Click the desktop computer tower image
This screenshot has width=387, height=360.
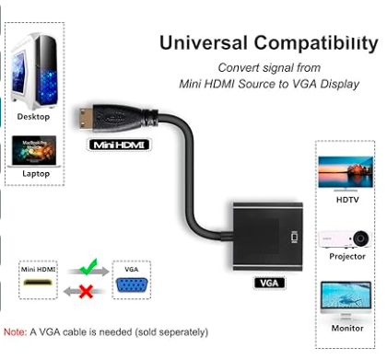tap(34, 71)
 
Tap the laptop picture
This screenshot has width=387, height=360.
tap(34, 152)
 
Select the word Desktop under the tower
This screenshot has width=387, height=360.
tap(33, 117)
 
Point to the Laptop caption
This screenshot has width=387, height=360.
tap(36, 174)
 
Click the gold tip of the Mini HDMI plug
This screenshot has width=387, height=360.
tap(86, 119)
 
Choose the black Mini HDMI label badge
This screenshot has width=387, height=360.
tap(119, 145)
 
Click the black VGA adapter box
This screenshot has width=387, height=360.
tap(267, 237)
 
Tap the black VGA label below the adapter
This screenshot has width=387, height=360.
tap(269, 283)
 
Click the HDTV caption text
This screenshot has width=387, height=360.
tap(347, 200)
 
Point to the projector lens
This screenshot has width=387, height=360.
tap(360, 238)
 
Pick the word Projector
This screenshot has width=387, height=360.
tap(347, 256)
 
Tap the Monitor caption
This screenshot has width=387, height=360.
tap(347, 328)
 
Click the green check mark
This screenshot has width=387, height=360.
tap(88, 267)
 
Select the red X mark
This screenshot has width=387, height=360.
tap(86, 291)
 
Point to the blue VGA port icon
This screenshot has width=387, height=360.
tap(132, 285)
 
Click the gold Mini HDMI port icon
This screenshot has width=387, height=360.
tap(38, 283)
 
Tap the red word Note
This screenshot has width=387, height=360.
tap(16, 332)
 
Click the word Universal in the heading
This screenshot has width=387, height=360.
tap(204, 43)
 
